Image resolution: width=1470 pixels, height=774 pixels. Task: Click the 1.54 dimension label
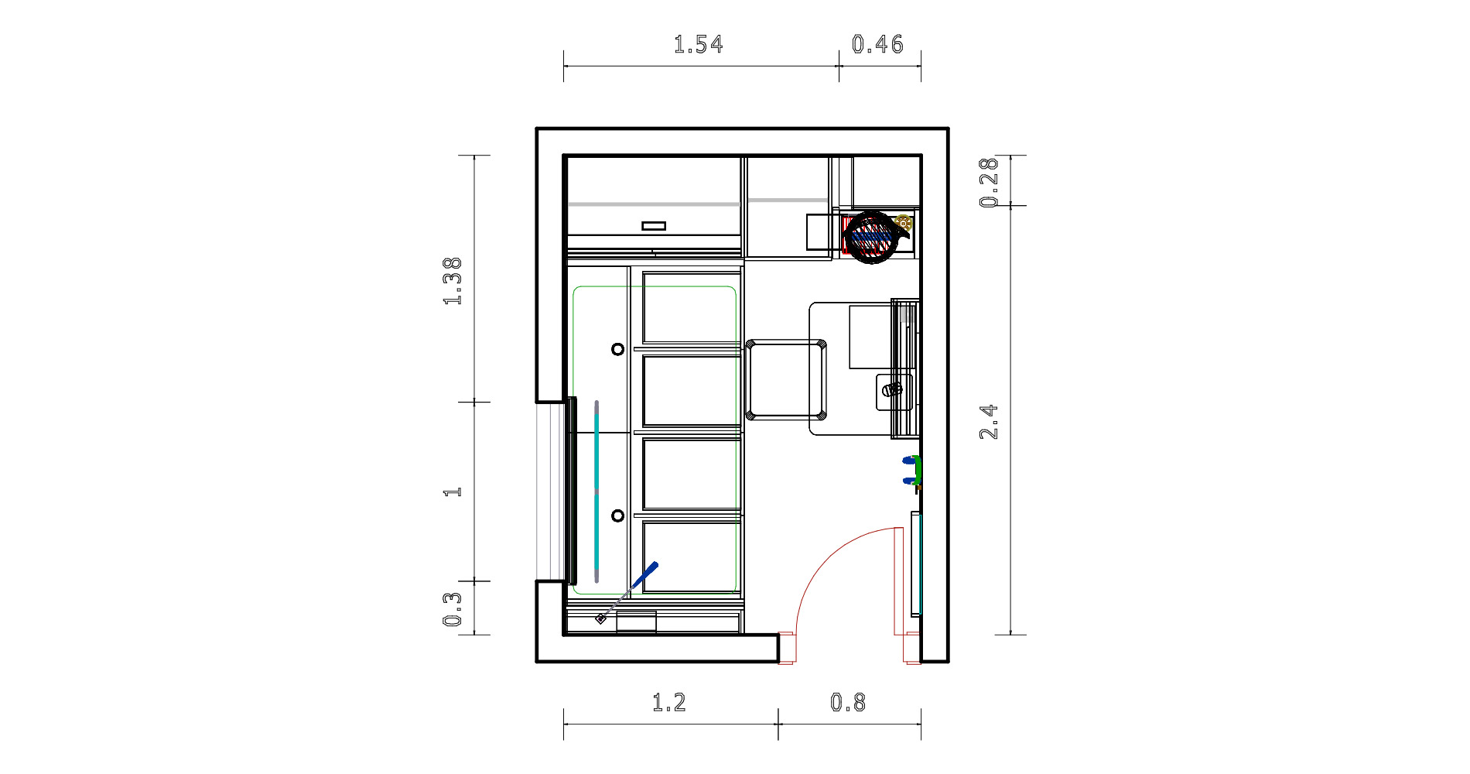pyautogui.click(x=699, y=44)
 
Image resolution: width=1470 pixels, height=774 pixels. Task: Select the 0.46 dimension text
pyautogui.click(x=877, y=44)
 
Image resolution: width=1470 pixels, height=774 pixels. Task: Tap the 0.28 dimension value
pyautogui.click(x=990, y=183)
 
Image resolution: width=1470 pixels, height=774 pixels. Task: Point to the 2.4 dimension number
pyautogui.click(x=990, y=422)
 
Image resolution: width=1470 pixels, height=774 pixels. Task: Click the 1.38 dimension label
pyautogui.click(x=453, y=281)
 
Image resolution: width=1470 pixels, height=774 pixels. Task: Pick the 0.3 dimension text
pyautogui.click(x=453, y=609)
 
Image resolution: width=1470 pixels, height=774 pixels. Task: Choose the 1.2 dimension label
pyautogui.click(x=669, y=703)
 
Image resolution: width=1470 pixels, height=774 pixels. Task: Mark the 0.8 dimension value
pyautogui.click(x=848, y=703)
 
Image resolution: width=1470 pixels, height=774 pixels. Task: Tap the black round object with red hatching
pyautogui.click(x=872, y=236)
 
